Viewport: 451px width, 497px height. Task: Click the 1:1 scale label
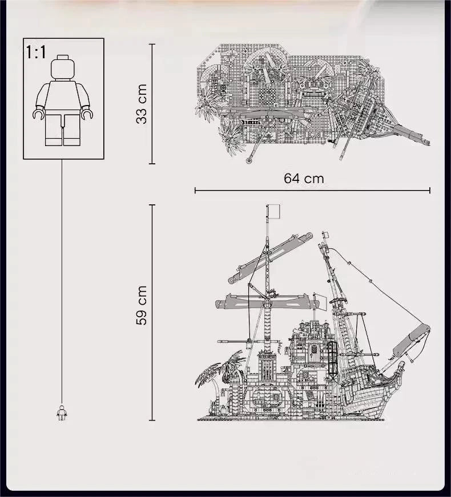pyautogui.click(x=36, y=52)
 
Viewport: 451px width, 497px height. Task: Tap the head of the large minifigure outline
pyautogui.click(x=62, y=67)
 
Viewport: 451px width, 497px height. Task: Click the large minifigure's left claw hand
pyautogui.click(x=38, y=114)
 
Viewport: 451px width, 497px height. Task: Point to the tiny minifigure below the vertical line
pyautogui.click(x=62, y=413)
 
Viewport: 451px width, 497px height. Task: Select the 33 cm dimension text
pyautogui.click(x=142, y=104)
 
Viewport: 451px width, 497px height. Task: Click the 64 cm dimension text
pyautogui.click(x=304, y=179)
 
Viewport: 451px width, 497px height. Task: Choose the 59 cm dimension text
pyautogui.click(x=142, y=305)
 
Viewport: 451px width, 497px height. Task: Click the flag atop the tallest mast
pyautogui.click(x=273, y=211)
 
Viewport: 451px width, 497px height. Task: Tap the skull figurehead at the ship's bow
pyautogui.click(x=401, y=366)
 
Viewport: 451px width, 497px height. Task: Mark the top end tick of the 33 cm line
pyautogui.click(x=152, y=45)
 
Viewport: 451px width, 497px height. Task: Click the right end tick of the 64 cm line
pyautogui.click(x=430, y=190)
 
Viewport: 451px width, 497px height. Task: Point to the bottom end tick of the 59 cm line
pyautogui.click(x=152, y=421)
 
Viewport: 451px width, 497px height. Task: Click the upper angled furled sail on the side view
pyautogui.click(x=270, y=257)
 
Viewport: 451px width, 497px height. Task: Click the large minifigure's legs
pyautogui.click(x=62, y=130)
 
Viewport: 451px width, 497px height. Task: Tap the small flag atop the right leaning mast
pyautogui.click(x=326, y=235)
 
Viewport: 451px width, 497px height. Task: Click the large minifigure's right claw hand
pyautogui.click(x=87, y=114)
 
